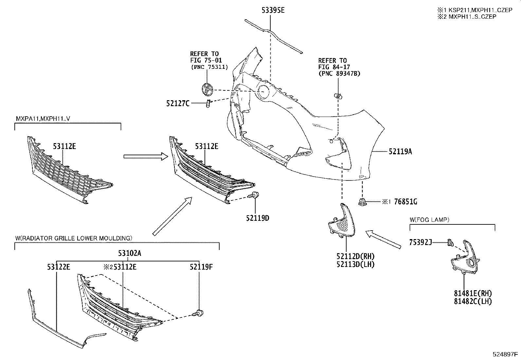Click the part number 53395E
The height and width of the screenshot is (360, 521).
click(x=273, y=10)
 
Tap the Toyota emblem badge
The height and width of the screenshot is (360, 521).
click(x=207, y=89)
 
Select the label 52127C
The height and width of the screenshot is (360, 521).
click(x=177, y=104)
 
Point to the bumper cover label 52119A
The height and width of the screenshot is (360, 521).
click(x=400, y=151)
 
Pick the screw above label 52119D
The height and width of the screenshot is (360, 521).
click(x=254, y=196)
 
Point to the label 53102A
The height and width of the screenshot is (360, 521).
click(x=130, y=253)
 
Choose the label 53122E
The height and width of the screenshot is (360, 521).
click(x=58, y=267)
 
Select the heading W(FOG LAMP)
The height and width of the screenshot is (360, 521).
click(x=429, y=220)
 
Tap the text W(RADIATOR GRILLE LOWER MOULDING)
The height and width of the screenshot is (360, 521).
click(x=73, y=237)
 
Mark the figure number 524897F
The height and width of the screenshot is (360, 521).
click(x=505, y=354)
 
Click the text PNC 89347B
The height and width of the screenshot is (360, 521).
click(x=339, y=74)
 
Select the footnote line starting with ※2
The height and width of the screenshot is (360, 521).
click(x=466, y=16)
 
